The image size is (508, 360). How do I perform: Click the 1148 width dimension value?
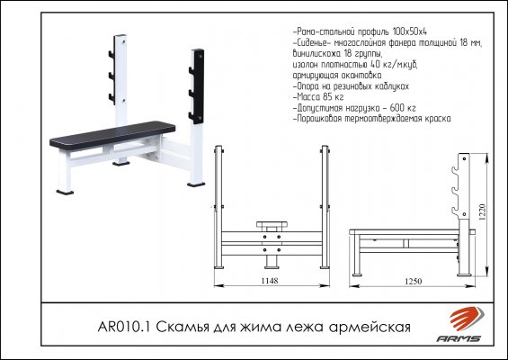pos(270,281)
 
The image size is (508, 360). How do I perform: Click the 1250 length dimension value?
pos(414,281)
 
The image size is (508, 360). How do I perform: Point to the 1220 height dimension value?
pos(483,212)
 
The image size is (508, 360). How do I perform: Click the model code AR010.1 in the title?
pos(124,327)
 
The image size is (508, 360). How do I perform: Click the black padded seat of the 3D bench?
pos(112,135)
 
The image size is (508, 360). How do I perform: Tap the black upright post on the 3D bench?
pos(197,86)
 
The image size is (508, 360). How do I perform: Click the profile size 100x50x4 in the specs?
pos(410,31)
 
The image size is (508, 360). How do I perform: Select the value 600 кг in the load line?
pos(403,108)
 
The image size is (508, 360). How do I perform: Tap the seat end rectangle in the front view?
pos(272,224)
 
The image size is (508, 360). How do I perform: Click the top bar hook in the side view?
pos(454,172)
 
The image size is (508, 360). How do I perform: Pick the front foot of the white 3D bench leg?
pos(65,193)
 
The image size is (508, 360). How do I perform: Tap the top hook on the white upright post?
pos(111,54)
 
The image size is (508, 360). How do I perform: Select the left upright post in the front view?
pos(219,207)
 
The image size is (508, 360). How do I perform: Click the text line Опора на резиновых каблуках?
pos(351,86)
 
